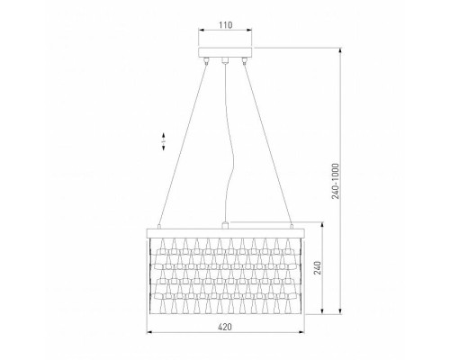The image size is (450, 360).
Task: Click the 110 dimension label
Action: pos(225,25)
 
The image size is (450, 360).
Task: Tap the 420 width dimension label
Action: pos(225,327)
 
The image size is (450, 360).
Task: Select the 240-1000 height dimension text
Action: pos(336,181)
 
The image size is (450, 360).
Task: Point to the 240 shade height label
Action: pos(318,268)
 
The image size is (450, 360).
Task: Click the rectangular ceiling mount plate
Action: pos(225,52)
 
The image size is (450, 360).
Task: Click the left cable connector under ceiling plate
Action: pos(206,60)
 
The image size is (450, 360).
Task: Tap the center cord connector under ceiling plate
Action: pos(225,60)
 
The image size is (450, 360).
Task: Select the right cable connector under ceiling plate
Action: pos(245,60)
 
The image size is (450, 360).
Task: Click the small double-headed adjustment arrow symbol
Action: pos(164,141)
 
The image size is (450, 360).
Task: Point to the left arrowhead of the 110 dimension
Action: pos(202,30)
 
